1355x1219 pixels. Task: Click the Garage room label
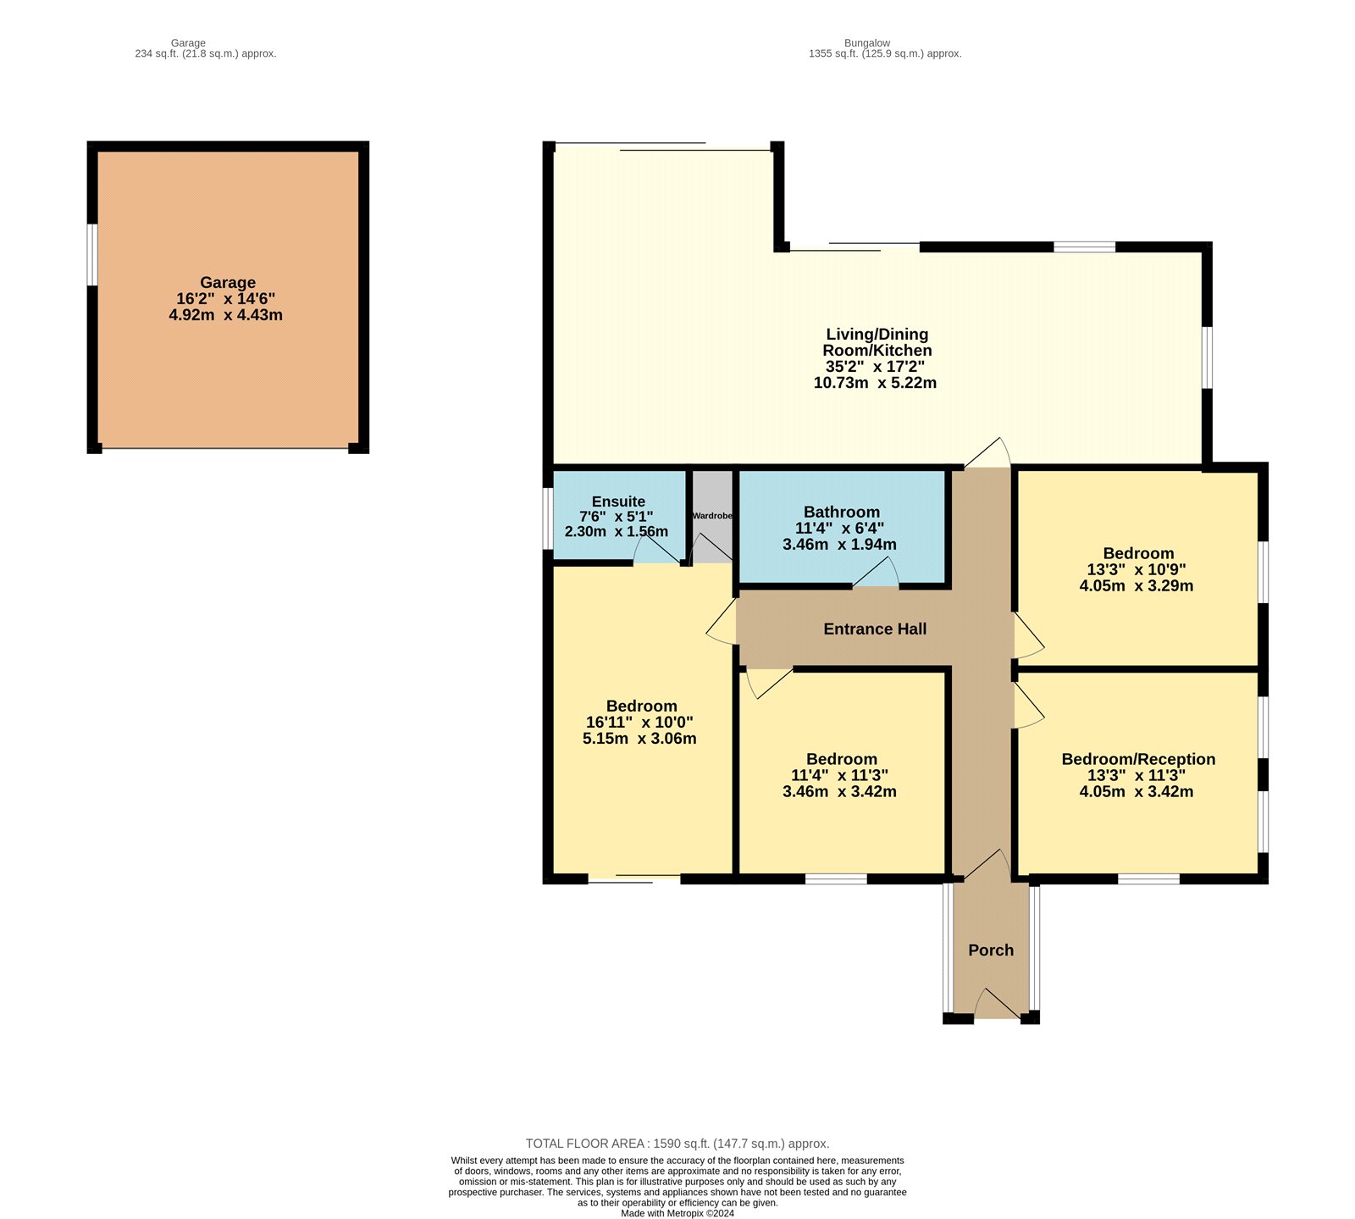point(227,283)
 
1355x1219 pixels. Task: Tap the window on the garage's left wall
point(92,254)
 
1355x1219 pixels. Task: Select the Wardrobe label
point(712,516)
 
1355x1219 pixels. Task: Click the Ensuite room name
point(618,501)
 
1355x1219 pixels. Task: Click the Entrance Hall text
point(875,629)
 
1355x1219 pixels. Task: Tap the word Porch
point(991,950)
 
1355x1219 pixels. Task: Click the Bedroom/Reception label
point(1138,759)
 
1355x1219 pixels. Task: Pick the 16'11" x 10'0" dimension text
point(639,723)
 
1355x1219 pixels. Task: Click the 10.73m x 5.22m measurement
point(875,383)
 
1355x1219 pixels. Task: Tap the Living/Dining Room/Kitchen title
point(877,342)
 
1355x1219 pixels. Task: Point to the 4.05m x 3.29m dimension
point(1137,585)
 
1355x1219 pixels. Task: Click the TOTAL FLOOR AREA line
point(677,1144)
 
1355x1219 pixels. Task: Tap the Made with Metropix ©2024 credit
point(677,1213)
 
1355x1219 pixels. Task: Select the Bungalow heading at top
point(866,42)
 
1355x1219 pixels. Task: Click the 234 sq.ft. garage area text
point(206,53)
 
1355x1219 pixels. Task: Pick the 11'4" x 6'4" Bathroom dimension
point(839,528)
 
